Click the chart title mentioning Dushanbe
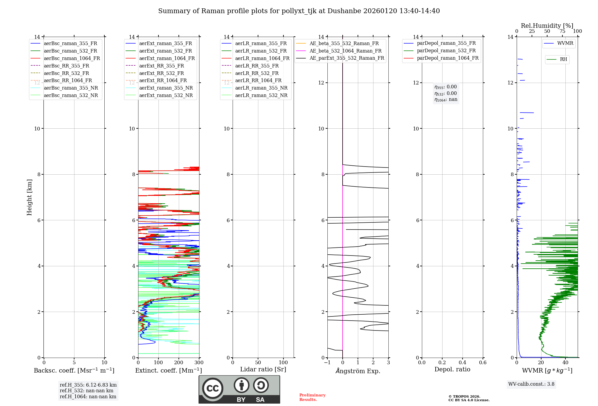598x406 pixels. (x=299, y=11)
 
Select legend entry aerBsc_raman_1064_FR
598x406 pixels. (x=72, y=58)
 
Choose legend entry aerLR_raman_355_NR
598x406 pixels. (x=261, y=88)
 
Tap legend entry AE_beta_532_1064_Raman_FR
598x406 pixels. (x=345, y=51)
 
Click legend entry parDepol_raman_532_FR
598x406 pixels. (x=446, y=51)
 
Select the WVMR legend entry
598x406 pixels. (x=565, y=43)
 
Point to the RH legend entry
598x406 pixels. (x=563, y=59)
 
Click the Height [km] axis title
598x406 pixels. (x=29, y=197)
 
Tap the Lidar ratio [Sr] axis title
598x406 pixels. (x=263, y=369)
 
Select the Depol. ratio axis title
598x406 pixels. (x=452, y=369)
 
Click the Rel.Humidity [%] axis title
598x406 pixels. (x=547, y=26)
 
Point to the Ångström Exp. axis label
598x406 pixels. (x=358, y=371)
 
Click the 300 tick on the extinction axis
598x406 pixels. (x=199, y=363)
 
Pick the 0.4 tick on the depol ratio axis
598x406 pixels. (x=462, y=363)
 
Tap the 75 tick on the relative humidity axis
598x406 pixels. (x=562, y=31)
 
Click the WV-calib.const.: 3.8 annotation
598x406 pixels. (x=531, y=384)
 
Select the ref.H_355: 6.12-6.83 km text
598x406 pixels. (x=88, y=385)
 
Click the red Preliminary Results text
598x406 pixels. (x=312, y=397)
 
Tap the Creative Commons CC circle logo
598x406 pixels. (x=213, y=388)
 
